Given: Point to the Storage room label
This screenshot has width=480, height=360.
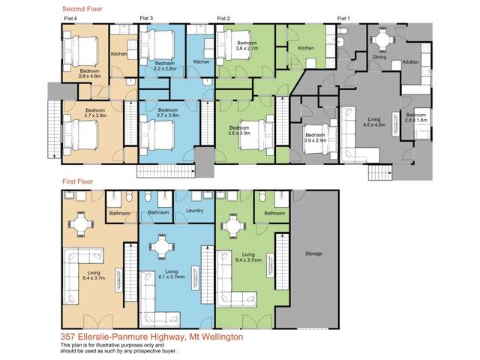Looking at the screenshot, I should pyautogui.click(x=313, y=254).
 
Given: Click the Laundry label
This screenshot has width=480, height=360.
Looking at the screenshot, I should pyautogui.click(x=194, y=212).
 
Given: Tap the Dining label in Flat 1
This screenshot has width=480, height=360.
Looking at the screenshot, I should pyautogui.click(x=380, y=56).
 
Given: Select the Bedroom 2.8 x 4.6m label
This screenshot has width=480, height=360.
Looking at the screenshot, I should pyautogui.click(x=79, y=73).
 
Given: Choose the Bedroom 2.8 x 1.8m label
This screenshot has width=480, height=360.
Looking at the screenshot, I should pyautogui.click(x=416, y=117).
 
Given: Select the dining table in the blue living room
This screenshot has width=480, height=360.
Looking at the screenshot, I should pyautogui.click(x=161, y=245).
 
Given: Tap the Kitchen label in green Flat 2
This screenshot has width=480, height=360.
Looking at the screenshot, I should pyautogui.click(x=307, y=48).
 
